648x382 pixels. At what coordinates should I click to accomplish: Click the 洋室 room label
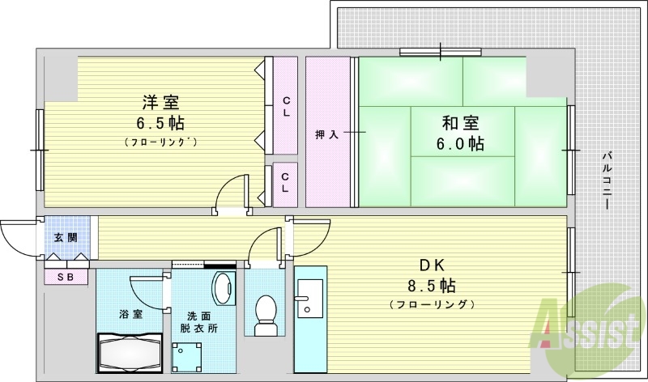point(160,102)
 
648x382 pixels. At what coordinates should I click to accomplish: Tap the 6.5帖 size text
point(160,124)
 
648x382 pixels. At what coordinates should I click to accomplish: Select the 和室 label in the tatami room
point(460,123)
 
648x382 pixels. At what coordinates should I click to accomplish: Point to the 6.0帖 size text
point(460,144)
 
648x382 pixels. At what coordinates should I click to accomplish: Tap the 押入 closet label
point(326,134)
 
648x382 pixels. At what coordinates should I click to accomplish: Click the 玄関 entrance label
point(66,237)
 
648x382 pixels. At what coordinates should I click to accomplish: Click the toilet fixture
point(265,316)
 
